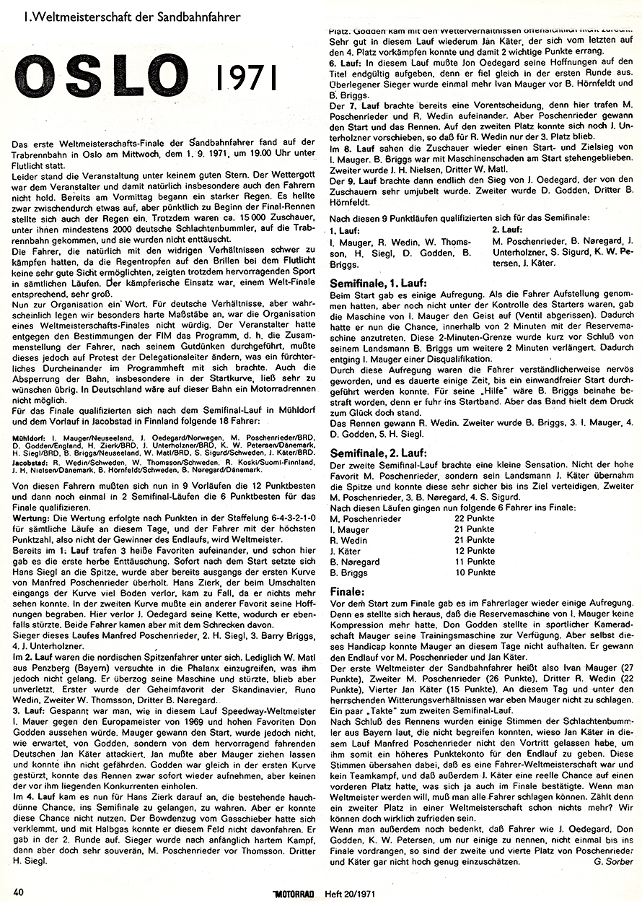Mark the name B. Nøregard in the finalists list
click(x=356, y=562)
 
